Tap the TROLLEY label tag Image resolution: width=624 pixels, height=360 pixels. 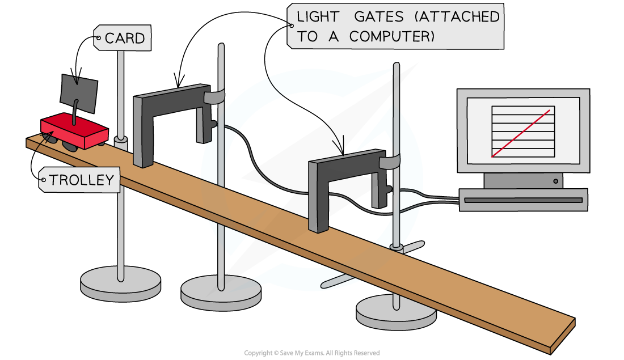point(80,180)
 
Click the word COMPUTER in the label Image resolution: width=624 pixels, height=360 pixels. point(391,36)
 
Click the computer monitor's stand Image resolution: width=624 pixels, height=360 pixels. point(523,181)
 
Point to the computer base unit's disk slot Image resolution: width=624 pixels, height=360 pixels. point(522,200)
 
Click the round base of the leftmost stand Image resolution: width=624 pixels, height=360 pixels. point(120,280)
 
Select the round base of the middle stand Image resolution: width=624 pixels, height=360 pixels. point(221,292)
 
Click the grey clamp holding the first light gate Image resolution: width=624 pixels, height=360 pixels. point(215,97)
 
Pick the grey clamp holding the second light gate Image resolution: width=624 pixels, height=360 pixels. point(391,163)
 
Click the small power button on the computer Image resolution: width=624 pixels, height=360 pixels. point(555,182)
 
